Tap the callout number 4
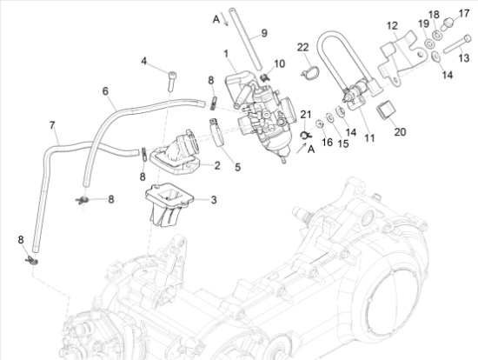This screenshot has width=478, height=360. tap(145, 61)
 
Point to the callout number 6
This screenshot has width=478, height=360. tap(105, 91)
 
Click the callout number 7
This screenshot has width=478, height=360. tap(52, 126)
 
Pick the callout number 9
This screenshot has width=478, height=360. tap(265, 33)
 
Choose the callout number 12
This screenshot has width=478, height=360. tap(392, 25)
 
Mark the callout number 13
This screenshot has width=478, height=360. tap(462, 57)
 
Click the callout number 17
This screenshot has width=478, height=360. tap(462, 13)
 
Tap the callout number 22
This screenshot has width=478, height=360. tap(302, 46)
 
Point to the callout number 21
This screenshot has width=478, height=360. tap(304, 115)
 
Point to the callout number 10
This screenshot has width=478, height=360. tap(279, 65)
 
